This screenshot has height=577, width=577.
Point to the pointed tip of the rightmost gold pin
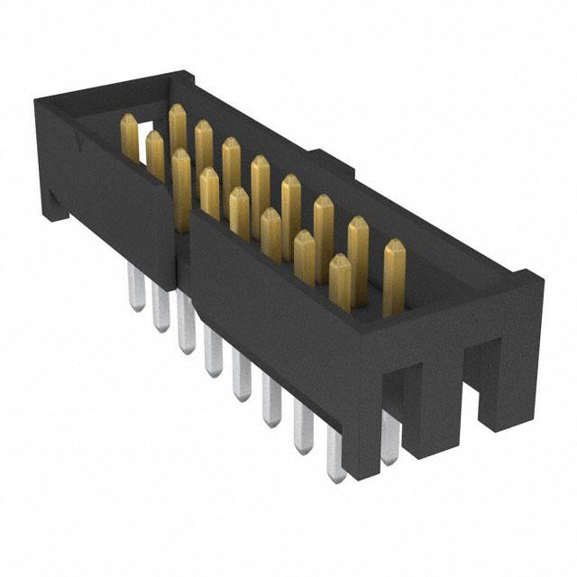click(x=394, y=243)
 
